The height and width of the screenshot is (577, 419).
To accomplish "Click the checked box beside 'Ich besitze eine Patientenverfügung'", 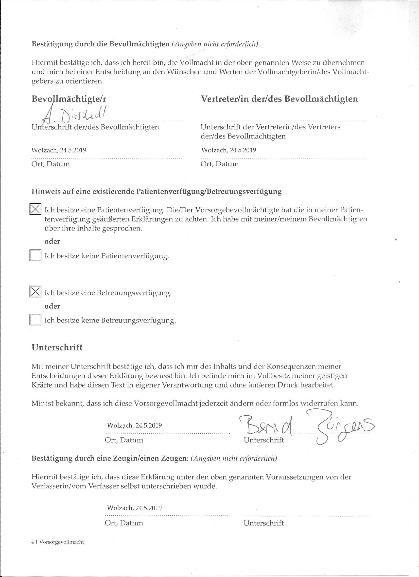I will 35,209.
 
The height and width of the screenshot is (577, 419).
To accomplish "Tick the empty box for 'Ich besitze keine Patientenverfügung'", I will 35,255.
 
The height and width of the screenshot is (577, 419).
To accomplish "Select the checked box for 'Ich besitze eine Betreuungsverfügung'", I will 35,292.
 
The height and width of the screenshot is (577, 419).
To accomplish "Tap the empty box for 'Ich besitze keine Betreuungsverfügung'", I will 35,320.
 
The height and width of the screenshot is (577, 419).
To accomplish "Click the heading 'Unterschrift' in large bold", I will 57,347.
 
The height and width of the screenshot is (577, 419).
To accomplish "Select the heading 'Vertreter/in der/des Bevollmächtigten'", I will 279,99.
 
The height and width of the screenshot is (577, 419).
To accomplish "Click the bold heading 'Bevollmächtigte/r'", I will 69,99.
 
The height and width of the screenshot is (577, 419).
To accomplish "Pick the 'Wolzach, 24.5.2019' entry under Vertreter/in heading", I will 228,150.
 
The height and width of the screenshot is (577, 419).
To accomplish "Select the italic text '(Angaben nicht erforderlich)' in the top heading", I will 215,44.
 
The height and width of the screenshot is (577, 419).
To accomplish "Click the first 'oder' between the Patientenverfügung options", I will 52,241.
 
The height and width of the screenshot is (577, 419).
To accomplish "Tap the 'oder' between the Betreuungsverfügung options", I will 52,306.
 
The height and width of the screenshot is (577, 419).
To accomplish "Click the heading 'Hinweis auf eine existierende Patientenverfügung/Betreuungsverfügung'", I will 156,191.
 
